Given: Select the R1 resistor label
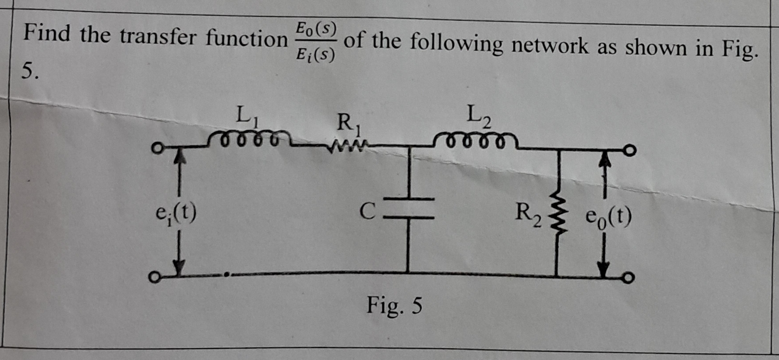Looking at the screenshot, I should coord(348,123).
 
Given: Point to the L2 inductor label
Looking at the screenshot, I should coord(479,115).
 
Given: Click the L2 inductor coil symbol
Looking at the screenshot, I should coord(475,141).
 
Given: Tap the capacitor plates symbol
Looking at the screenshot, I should coord(409,207).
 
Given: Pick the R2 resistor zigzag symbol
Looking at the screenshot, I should coord(557,217).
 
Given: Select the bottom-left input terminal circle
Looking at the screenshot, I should coord(153,278).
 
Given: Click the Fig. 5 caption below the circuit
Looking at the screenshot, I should coord(394,305).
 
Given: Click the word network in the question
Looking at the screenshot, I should coord(549,45).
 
